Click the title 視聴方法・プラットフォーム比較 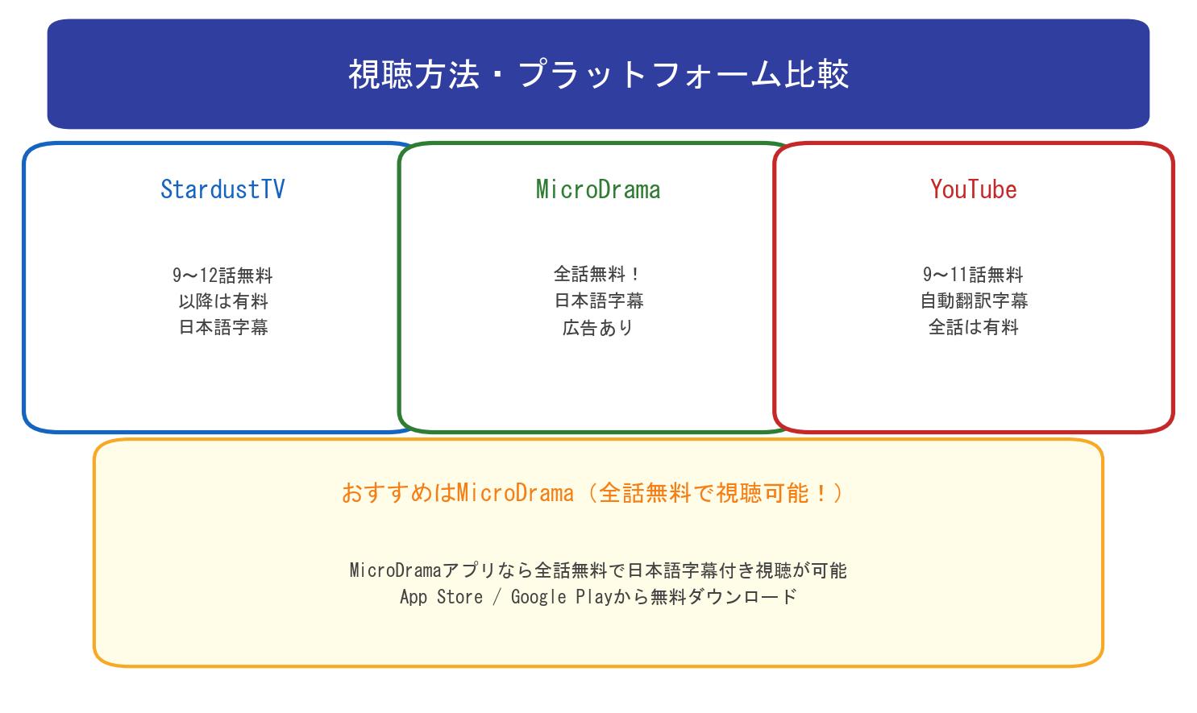(x=598, y=74)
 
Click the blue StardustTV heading (x=222, y=189)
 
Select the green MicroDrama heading (x=598, y=189)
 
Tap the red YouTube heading (x=973, y=189)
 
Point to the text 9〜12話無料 (x=222, y=276)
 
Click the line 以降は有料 (x=222, y=301)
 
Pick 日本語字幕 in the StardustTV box (x=222, y=327)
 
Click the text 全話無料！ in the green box (x=598, y=275)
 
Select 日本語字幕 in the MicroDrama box (x=598, y=301)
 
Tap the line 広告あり (x=598, y=328)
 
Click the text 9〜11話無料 (x=973, y=275)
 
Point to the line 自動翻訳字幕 (x=974, y=301)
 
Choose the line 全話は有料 (x=973, y=327)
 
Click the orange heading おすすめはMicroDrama (x=457, y=492)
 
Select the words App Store (x=441, y=597)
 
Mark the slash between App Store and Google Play (x=497, y=597)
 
